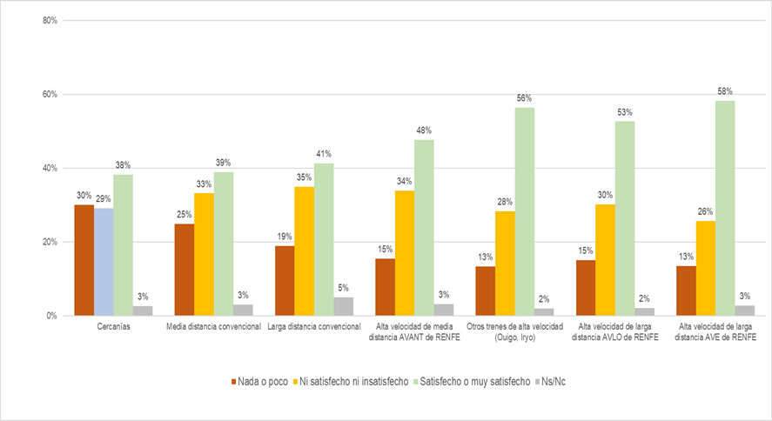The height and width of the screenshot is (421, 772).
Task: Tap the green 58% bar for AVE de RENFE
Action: coord(724,208)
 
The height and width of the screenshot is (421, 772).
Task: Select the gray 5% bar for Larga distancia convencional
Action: coord(344,306)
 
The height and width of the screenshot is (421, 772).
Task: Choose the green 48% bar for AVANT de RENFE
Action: coord(424,227)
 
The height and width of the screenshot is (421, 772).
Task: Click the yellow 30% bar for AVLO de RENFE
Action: coord(604,259)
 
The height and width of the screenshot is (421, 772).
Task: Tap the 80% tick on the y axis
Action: coord(49,20)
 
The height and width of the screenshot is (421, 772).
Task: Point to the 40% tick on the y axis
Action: coord(49,168)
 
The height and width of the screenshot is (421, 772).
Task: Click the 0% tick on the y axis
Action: coord(51,316)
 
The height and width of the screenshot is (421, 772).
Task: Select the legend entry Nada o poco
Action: coord(260,381)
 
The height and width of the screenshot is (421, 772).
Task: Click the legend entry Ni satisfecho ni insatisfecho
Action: coord(352,381)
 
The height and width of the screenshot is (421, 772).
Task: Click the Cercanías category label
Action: coord(113,326)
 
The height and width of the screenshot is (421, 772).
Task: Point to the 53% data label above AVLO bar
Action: coord(624,112)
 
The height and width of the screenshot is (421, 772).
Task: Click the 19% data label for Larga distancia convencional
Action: coord(284,237)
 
